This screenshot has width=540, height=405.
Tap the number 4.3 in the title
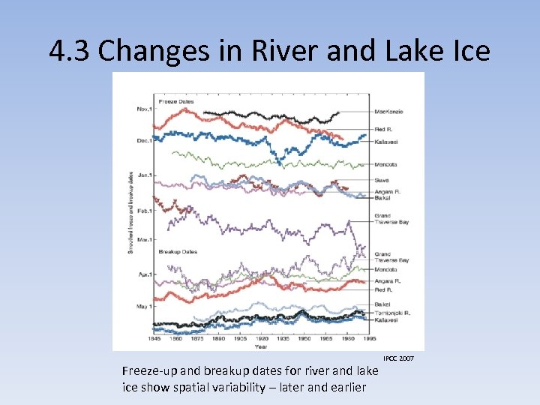pos(70,50)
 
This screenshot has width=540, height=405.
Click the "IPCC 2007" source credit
pos(398,358)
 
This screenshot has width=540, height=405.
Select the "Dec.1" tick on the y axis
pos(145,140)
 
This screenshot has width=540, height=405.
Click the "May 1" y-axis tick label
pos(144,306)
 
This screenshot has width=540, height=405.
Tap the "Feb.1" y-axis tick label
pos(145,211)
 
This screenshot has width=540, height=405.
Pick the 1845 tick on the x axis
pos(154,339)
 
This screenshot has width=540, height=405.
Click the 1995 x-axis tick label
pos(369,339)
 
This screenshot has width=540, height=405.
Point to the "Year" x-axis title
pos(261,346)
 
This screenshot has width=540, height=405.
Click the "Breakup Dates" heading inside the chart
pos(178,252)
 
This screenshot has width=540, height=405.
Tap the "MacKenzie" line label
pos(388,112)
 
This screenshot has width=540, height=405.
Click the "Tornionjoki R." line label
pos(391,312)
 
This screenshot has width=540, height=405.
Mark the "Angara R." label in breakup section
pos(387,280)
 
